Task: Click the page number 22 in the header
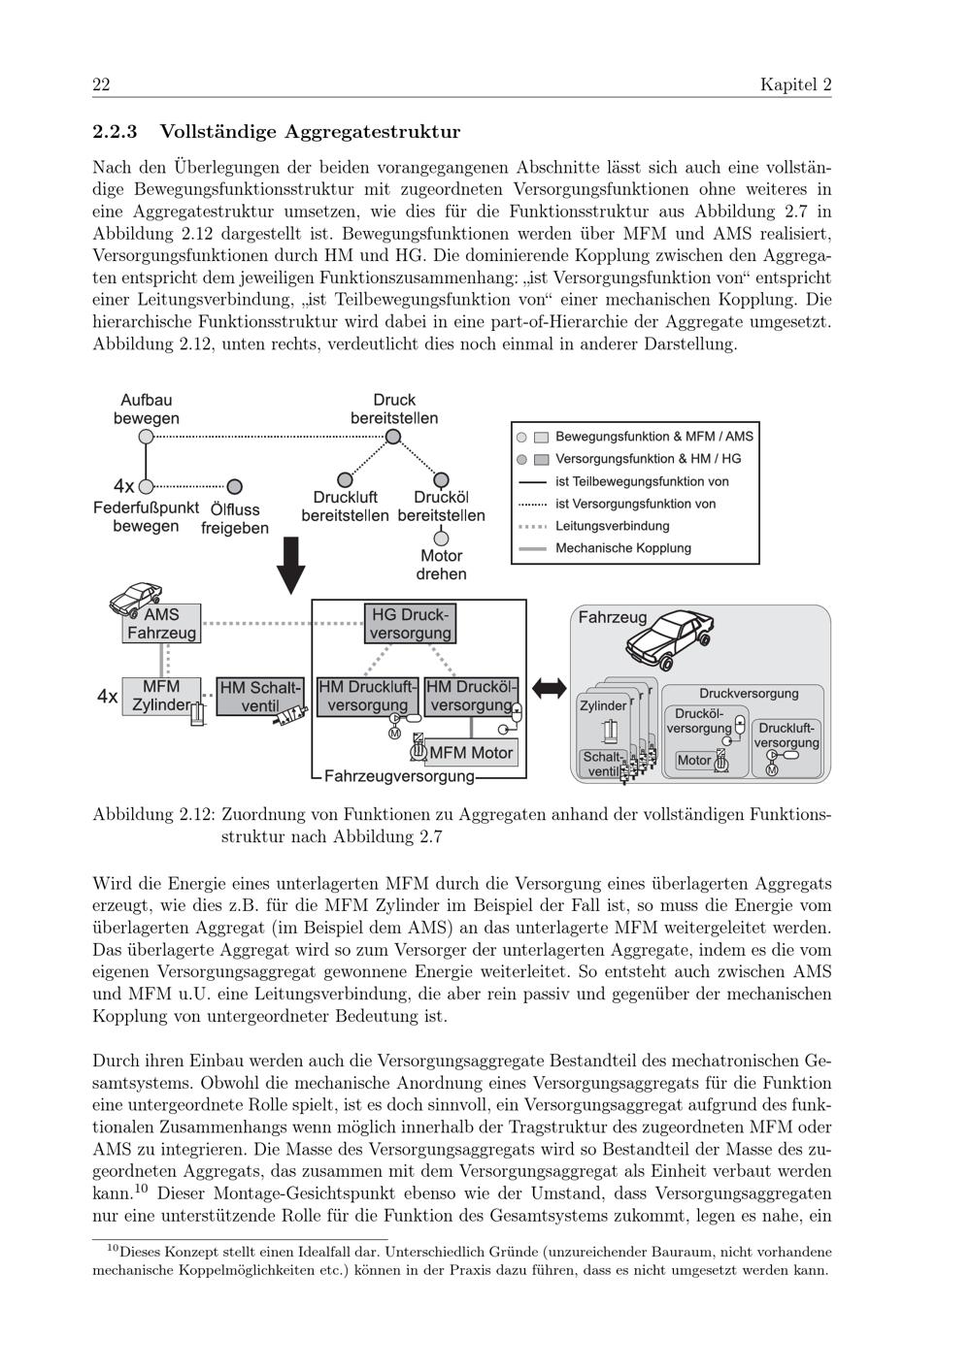tap(101, 85)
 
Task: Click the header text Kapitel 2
tap(795, 85)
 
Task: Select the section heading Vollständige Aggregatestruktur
tap(310, 131)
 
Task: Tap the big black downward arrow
tap(290, 563)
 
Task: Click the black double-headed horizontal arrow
tap(549, 688)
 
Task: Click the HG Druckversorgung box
tap(411, 624)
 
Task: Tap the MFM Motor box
tap(471, 752)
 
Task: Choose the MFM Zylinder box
tap(162, 696)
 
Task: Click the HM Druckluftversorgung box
tap(367, 696)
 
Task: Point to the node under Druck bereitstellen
tap(393, 438)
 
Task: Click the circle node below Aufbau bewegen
tap(146, 438)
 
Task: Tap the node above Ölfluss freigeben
tap(234, 486)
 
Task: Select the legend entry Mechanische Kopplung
tap(622, 548)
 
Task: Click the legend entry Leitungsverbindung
tap(612, 526)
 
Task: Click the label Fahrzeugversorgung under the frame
tap(398, 776)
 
